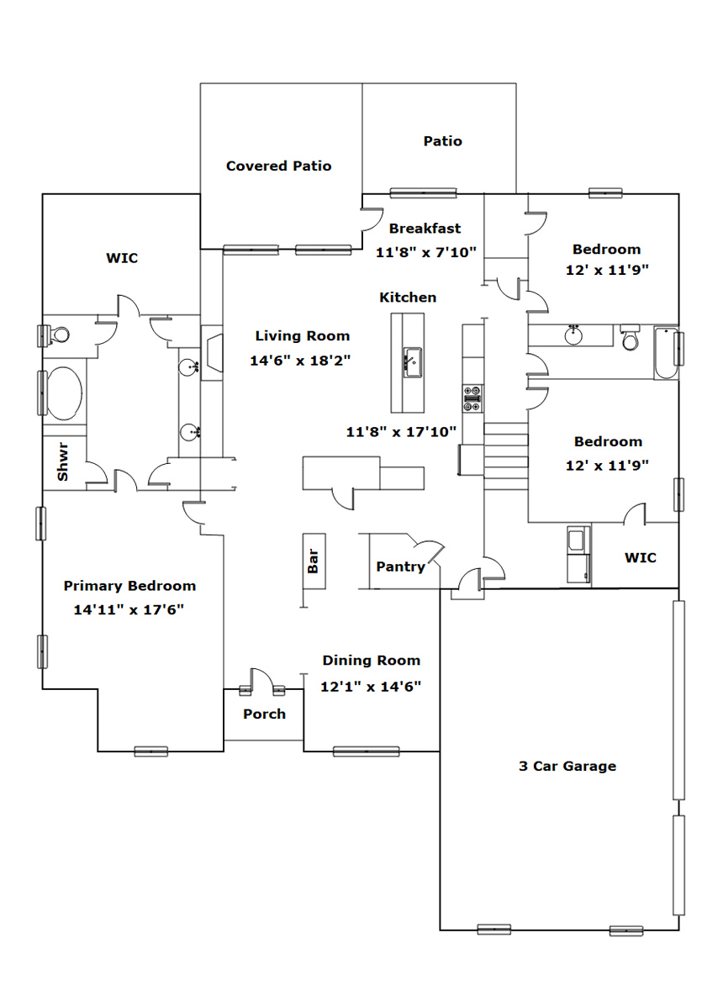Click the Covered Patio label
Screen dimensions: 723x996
pyautogui.click(x=279, y=166)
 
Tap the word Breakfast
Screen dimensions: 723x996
pyautogui.click(x=425, y=228)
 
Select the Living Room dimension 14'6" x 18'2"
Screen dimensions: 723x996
pyautogui.click(x=300, y=361)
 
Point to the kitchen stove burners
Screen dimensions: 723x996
pyautogui.click(x=472, y=398)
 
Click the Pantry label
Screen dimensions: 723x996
pyautogui.click(x=400, y=567)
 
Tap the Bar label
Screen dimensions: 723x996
pyautogui.click(x=314, y=561)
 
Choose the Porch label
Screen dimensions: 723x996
pyautogui.click(x=264, y=714)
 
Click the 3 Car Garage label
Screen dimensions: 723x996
pyautogui.click(x=567, y=766)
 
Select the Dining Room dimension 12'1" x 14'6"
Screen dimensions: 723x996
pyautogui.click(x=371, y=687)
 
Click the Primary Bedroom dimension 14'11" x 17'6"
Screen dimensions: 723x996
pyautogui.click(x=129, y=610)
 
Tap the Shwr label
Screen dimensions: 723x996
pyautogui.click(x=62, y=461)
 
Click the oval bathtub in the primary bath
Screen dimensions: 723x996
pyautogui.click(x=64, y=393)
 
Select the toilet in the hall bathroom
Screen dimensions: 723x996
pyautogui.click(x=631, y=337)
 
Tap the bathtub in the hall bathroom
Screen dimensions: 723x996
pyautogui.click(x=665, y=353)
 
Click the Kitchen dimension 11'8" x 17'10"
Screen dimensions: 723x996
pyautogui.click(x=401, y=433)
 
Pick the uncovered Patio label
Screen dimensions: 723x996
pyautogui.click(x=443, y=141)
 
